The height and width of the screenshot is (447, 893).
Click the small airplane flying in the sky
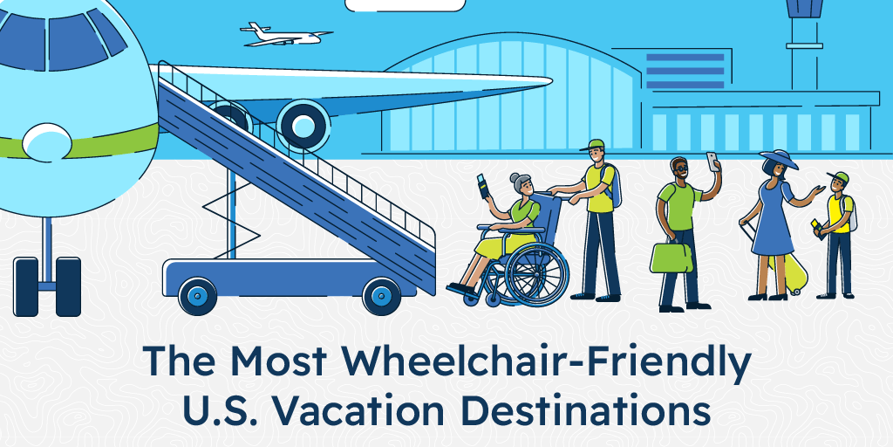[284, 34]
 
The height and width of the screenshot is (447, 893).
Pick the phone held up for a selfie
[712, 162]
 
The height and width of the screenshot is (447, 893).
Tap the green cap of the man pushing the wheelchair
[596, 145]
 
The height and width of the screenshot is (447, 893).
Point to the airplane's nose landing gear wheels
[47, 285]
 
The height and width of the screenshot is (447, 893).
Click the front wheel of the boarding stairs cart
[198, 295]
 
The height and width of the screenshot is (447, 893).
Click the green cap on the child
[837, 177]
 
